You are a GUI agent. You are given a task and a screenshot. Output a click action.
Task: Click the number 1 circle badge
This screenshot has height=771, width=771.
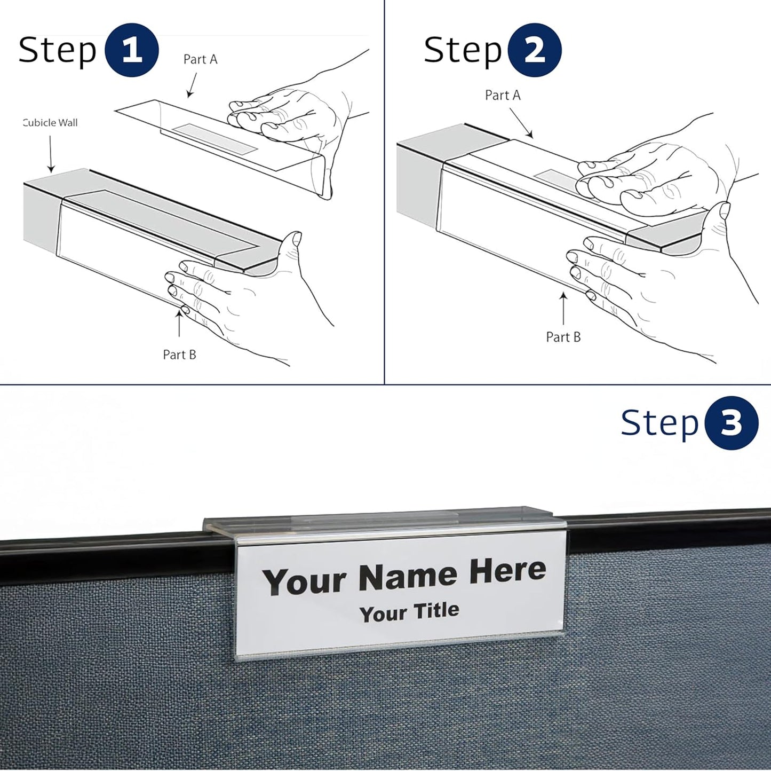pos(132,51)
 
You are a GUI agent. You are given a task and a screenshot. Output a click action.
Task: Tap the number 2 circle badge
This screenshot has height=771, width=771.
pos(534,51)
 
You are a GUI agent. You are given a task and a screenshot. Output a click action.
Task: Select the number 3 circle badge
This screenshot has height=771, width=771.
pos(731,423)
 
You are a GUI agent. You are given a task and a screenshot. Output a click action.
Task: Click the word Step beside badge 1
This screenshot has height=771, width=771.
pos(58,51)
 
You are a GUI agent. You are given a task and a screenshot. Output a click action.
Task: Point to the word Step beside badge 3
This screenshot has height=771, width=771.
pos(659,423)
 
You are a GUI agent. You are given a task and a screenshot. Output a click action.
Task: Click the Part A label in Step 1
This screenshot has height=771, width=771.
pos(200,59)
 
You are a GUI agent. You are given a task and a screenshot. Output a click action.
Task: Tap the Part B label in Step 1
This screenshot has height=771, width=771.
pos(179,355)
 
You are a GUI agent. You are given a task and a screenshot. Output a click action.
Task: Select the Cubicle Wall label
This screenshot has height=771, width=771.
pos(51,123)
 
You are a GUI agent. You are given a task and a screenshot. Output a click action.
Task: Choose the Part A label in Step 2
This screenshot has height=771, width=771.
pos(502,95)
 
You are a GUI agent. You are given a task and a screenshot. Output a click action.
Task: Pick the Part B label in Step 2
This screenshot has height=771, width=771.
pos(563,337)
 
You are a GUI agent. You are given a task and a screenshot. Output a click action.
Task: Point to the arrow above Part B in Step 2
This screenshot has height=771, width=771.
pos(563,308)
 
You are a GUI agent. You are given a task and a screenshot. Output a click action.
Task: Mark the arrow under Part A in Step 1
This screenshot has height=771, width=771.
pos(192,85)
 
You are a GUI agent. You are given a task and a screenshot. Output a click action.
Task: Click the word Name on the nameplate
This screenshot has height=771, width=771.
pos(408,577)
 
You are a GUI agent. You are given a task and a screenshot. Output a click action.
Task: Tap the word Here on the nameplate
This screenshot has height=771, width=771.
pos(507,571)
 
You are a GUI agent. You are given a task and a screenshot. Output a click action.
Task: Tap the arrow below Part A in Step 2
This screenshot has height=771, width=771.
pos(521,123)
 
